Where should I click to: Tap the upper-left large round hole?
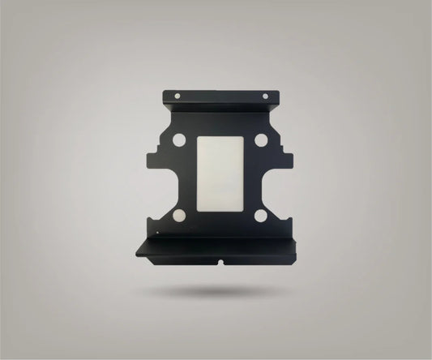point(179,140)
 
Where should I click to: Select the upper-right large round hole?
point(260,140)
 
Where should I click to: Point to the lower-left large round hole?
point(178,215)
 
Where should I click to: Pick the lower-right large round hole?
point(261,215)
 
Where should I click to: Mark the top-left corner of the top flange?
point(164,92)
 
